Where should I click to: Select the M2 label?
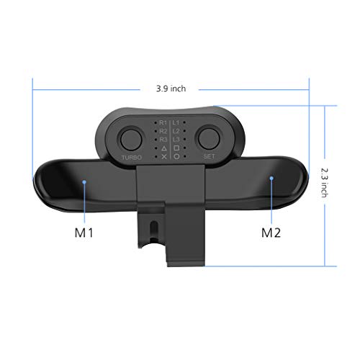pyautogui.click(x=270, y=233)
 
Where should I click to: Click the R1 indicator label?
pyautogui.click(x=163, y=123)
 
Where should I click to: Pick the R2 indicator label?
pyautogui.click(x=163, y=132)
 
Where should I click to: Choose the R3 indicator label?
pyautogui.click(x=163, y=140)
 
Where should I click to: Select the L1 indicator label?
pyautogui.click(x=176, y=123)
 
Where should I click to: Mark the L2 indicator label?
pyautogui.click(x=176, y=132)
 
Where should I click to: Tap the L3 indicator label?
pyautogui.click(x=176, y=140)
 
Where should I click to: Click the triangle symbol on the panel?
pyautogui.click(x=163, y=148)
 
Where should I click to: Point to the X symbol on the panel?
pyautogui.click(x=163, y=156)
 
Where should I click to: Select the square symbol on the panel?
pyautogui.click(x=176, y=148)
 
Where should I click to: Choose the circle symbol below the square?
pyautogui.click(x=176, y=156)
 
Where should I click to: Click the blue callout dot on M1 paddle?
pyautogui.click(x=86, y=183)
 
